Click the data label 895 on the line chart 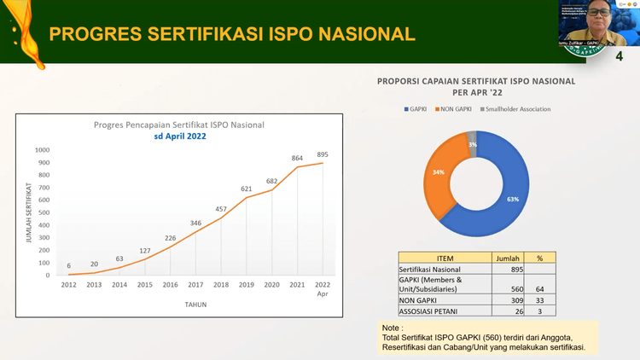(x=322, y=154)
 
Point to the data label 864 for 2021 (x=297, y=158)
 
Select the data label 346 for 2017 (x=195, y=223)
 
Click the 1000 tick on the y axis (x=43, y=150)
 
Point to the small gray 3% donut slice (x=472, y=143)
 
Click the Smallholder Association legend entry (x=518, y=109)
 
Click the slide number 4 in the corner (x=618, y=56)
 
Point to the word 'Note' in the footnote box (x=392, y=328)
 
